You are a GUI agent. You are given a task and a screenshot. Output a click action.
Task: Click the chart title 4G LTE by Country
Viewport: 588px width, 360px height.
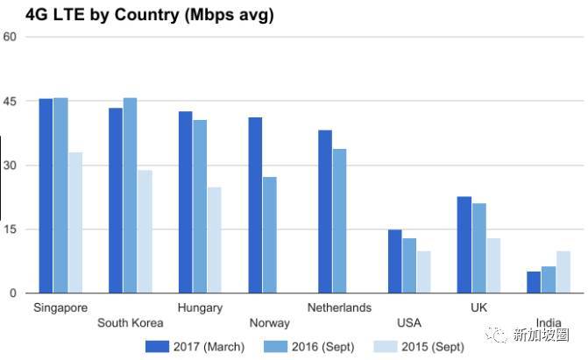point(138,15)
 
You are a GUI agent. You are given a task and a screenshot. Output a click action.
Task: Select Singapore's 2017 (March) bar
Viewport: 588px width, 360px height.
point(46,195)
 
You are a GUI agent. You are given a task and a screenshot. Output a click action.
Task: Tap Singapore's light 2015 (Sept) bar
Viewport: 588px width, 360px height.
point(75,222)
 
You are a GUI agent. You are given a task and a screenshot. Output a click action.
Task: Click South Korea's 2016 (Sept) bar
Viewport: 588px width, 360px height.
point(130,195)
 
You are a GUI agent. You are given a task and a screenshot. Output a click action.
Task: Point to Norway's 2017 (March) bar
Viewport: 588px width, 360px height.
point(255,205)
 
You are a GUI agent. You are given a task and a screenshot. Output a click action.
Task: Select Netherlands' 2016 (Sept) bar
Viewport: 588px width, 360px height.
point(340,221)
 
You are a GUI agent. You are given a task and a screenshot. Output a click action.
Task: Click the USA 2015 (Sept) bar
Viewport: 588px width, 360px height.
point(423,272)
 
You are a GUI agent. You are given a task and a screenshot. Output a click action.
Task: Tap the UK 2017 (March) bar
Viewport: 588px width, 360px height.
point(464,245)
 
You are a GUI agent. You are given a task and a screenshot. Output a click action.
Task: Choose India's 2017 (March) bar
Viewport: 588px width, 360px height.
point(534,282)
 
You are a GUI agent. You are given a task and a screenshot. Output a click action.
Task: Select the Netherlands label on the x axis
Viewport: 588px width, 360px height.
point(340,307)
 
